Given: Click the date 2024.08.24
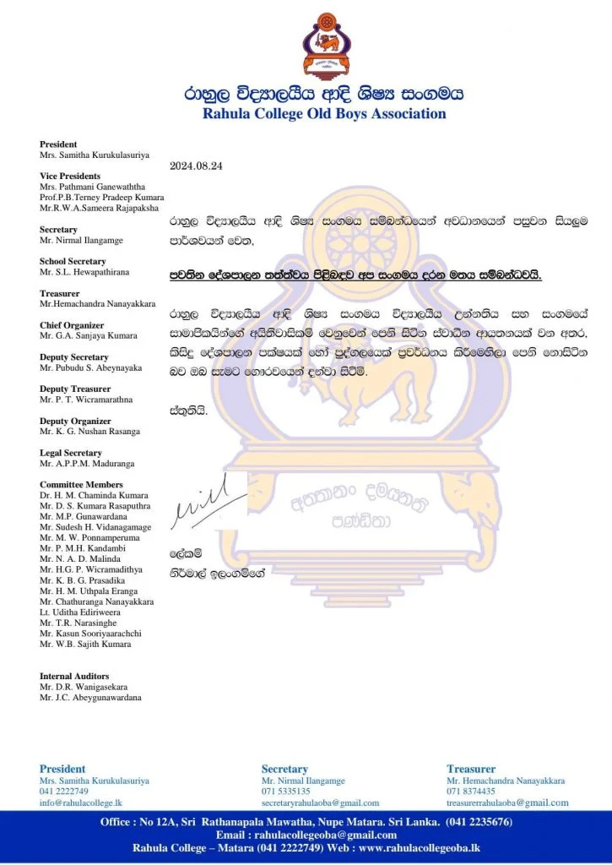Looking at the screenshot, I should coord(195,166).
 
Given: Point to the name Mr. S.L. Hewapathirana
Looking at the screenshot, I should coord(83,272).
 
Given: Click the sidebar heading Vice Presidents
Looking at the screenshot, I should coord(70,176).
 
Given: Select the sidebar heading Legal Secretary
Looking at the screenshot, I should coord(71,453).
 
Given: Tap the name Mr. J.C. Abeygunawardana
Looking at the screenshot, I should coord(90,698).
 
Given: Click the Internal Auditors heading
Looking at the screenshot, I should coord(75,677).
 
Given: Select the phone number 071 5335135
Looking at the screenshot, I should coord(285,792).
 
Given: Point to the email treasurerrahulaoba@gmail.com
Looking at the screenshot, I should coord(507,802).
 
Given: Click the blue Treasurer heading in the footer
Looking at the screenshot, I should coord(471,769).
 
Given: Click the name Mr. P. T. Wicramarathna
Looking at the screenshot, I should coord(85,400).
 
